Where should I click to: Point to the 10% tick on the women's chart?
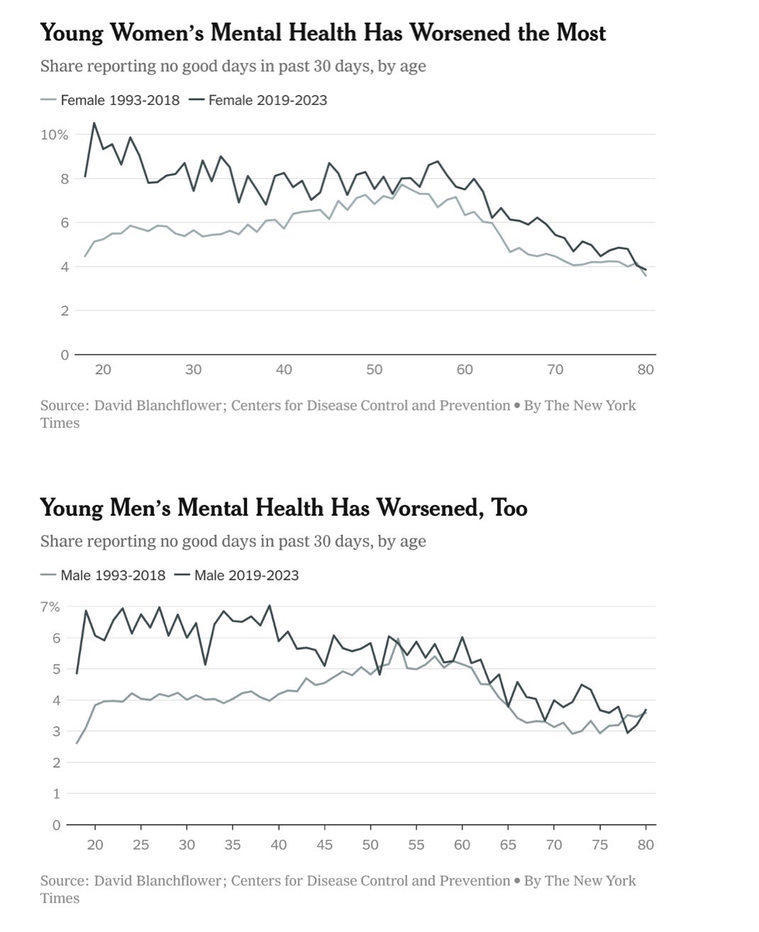54,135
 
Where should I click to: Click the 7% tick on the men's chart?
50,607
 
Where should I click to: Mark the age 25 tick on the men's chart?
140,845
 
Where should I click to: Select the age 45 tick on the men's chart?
324,845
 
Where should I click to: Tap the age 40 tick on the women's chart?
284,370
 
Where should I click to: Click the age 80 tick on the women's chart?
646,370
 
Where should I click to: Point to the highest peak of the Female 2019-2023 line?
94,123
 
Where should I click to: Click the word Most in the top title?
580,33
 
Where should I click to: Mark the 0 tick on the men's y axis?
56,825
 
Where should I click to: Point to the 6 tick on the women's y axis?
65,223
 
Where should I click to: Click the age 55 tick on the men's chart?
416,845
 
